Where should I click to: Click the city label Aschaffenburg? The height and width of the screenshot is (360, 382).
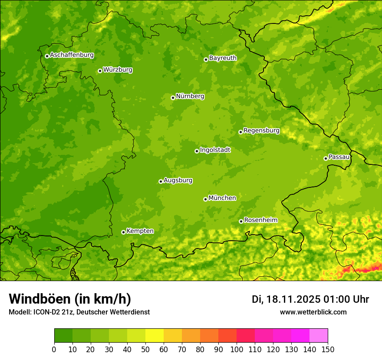coord(72,55)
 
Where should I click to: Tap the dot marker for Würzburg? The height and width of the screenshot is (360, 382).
coord(100,71)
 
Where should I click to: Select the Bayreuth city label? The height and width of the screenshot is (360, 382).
coord(223,58)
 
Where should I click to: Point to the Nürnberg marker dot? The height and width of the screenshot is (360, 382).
coord(173,98)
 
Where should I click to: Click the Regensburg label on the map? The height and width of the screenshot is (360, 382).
coord(261,131)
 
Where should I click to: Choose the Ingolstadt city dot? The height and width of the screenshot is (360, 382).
coord(197,151)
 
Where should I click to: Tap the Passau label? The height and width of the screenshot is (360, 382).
coord(339,157)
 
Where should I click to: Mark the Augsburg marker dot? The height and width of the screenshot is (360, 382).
coord(161,181)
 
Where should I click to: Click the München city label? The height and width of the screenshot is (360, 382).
coord(222,198)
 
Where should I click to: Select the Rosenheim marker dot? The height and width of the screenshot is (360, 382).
coord(241,221)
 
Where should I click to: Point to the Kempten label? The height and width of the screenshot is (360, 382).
coord(140,231)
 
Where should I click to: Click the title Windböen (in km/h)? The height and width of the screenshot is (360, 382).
coord(69,299)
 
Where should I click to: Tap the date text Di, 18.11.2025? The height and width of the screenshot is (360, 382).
coord(286,299)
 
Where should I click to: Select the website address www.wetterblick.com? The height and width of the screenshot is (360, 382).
coord(313,312)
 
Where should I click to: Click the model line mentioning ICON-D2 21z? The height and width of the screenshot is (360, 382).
coord(79,312)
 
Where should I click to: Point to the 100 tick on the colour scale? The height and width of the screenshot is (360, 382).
coord(237,350)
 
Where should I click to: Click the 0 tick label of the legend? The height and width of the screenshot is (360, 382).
coord(54,350)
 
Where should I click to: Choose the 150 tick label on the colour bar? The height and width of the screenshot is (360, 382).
coord(328,350)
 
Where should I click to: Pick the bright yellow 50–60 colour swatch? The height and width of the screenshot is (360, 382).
coord(155,336)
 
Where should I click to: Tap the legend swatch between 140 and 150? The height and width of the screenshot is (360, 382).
coord(319,336)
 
